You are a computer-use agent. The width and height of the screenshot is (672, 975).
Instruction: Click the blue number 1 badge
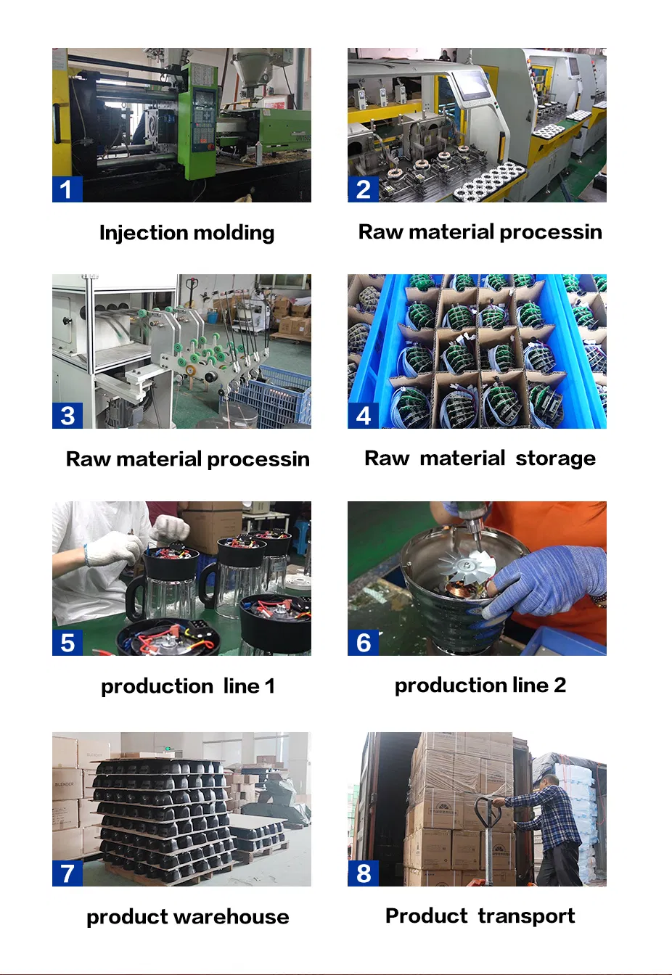coord(67,189)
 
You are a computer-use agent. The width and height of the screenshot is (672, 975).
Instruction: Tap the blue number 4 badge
coord(363,415)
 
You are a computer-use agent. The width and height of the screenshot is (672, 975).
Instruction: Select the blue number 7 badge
coord(67,873)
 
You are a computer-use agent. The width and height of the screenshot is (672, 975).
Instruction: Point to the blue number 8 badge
coord(363,873)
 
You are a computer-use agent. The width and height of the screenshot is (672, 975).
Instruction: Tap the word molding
coord(234,233)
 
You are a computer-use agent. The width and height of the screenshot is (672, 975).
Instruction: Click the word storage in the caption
coord(555,458)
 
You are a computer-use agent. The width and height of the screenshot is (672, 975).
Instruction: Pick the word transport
coord(526,916)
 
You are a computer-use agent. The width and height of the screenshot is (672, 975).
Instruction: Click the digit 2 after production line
coord(560,685)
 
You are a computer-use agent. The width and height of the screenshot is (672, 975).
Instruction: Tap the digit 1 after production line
coord(269,686)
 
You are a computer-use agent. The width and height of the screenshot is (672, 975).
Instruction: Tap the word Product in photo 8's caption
coord(427,916)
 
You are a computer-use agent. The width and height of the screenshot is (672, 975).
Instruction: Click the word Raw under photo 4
coord(387,458)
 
